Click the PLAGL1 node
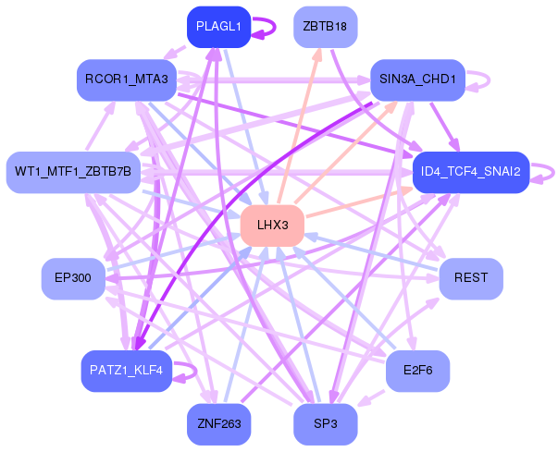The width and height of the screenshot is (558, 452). point(218,27)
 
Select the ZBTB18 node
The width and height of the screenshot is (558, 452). point(325,27)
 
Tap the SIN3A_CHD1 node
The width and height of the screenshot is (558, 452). point(417,79)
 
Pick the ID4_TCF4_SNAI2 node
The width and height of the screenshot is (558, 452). point(470,172)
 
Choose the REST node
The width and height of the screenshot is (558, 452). point(470,278)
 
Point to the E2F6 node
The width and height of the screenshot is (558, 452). point(417,370)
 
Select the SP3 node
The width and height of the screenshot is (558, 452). point(325,424)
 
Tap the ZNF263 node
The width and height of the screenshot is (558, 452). point(218,424)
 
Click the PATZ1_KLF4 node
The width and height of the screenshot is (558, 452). point(127,371)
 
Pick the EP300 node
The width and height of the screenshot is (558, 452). point(73,278)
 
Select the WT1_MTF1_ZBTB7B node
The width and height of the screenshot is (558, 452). point(73,172)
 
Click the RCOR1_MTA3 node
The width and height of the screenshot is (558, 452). point(127,79)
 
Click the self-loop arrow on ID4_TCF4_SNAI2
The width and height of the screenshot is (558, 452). point(547,172)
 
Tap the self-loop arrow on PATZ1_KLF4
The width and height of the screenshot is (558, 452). point(189,371)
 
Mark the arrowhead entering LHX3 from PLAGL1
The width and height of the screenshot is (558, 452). point(266,199)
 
